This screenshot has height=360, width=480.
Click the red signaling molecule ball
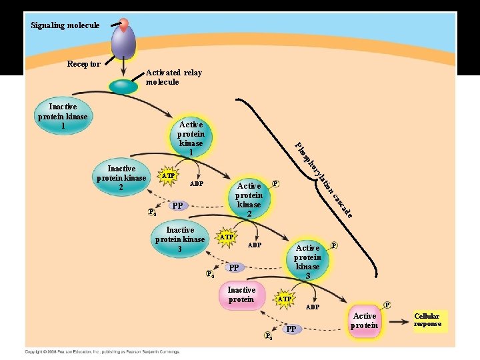[123, 25]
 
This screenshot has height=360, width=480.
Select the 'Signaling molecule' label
[65, 25]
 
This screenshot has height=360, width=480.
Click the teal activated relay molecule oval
[123, 86]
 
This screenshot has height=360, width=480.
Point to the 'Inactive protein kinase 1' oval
[63, 116]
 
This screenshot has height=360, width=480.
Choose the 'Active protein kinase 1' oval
[191, 139]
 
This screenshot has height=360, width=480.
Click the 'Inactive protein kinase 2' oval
[121, 178]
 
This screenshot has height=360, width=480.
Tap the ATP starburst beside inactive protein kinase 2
[169, 176]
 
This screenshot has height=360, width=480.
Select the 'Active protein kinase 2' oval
[249, 199]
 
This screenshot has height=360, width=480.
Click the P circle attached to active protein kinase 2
[276, 183]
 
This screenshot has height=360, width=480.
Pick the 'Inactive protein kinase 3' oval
[179, 240]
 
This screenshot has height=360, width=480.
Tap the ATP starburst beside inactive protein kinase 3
[227, 237]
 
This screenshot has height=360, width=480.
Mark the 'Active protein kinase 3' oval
[307, 261]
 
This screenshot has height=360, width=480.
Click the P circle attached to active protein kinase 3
[334, 245]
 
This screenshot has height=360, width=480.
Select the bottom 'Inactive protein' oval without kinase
[241, 295]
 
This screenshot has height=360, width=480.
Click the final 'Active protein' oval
[365, 321]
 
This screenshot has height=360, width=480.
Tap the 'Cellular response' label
[427, 320]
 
